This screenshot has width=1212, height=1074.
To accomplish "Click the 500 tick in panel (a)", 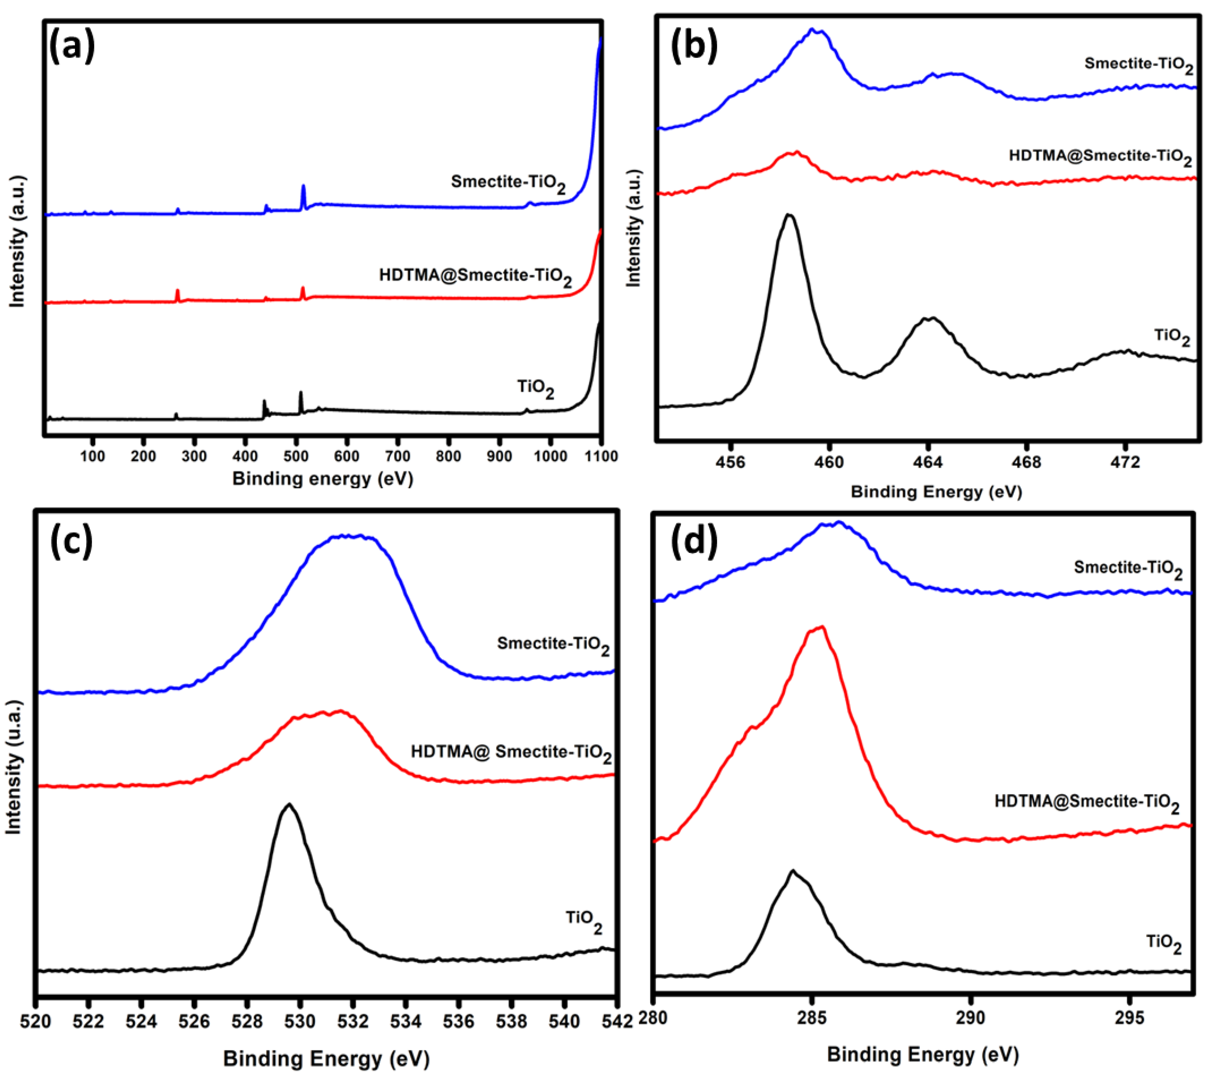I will (296, 456).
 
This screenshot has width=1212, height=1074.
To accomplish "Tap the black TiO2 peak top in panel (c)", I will (289, 805).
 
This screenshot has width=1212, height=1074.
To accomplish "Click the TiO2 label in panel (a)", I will (535, 388).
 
